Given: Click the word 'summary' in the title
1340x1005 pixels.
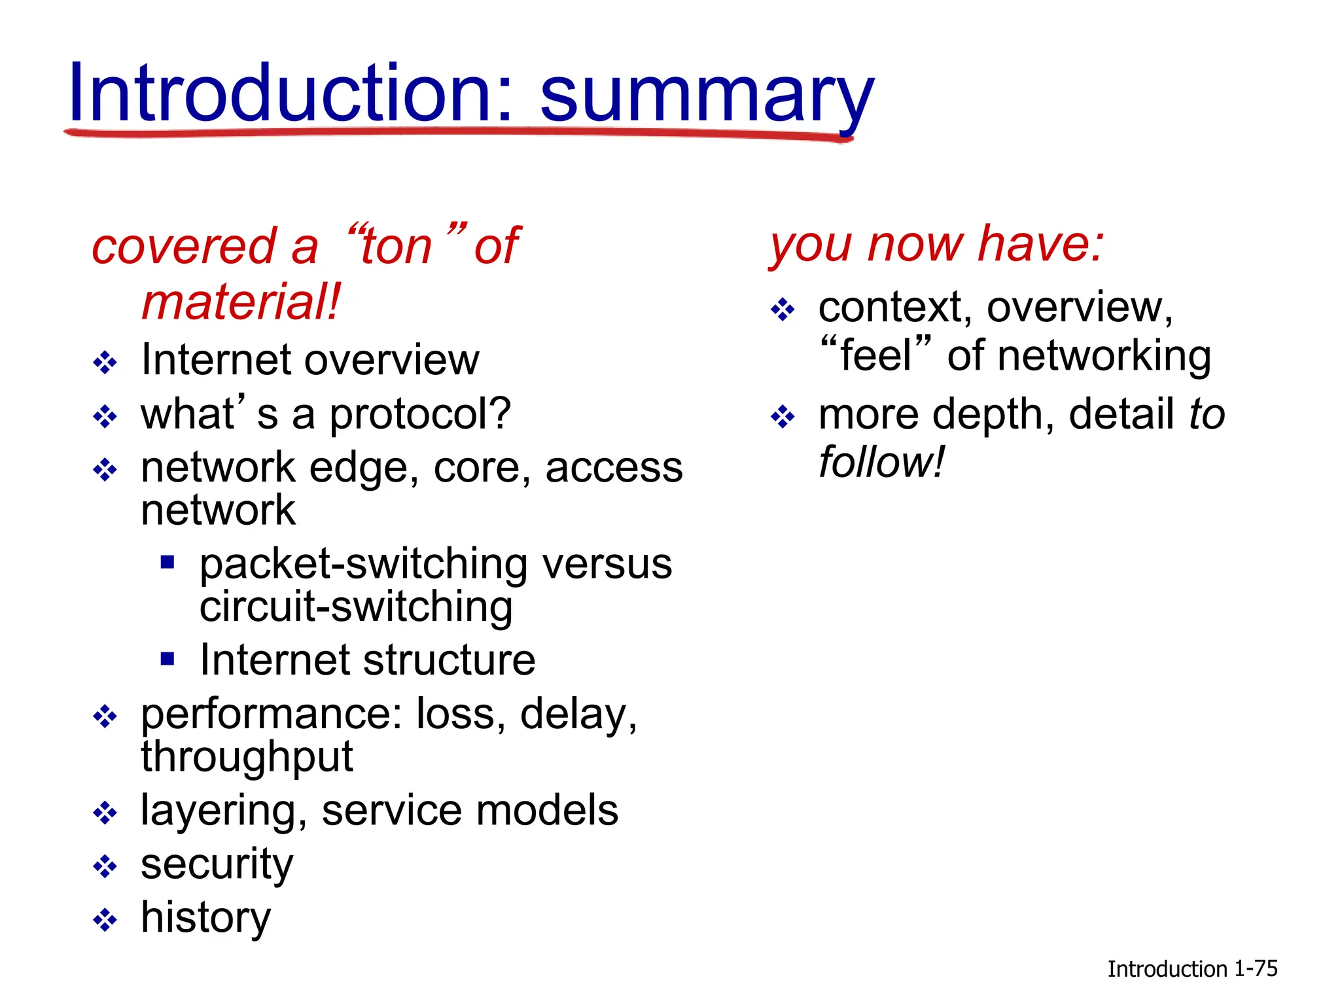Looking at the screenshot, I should pyautogui.click(x=707, y=98).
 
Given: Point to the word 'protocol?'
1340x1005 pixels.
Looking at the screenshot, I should pyautogui.click(x=419, y=415).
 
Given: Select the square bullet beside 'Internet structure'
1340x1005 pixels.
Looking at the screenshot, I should pyautogui.click(x=167, y=658).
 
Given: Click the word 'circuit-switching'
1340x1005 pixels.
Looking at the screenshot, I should pyautogui.click(x=356, y=607).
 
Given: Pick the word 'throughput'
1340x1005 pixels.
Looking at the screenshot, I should pyautogui.click(x=247, y=758).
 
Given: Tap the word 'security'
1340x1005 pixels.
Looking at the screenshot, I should pyautogui.click(x=217, y=865).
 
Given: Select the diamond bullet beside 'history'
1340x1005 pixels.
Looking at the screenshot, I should pyautogui.click(x=105, y=920).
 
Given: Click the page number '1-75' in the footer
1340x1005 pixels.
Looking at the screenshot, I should pyautogui.click(x=1255, y=968).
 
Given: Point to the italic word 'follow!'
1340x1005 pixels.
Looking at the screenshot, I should pyautogui.click(x=881, y=462).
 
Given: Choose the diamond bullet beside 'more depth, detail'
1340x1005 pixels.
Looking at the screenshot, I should pyautogui.click(x=783, y=416).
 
